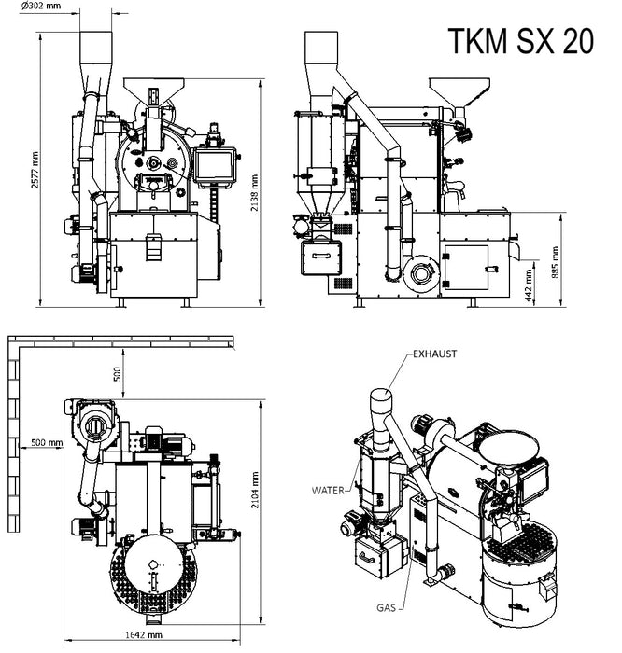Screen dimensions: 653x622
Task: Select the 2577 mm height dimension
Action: pyautogui.click(x=35, y=170)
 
